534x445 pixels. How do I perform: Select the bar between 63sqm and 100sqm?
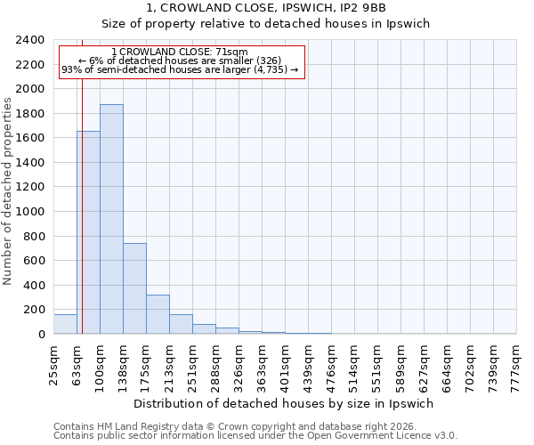tap(88, 232)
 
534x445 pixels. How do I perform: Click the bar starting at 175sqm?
tap(158, 314)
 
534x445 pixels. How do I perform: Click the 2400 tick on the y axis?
tap(30, 40)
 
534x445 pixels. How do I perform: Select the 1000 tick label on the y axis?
tap(30, 212)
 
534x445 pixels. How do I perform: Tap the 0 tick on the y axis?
tap(41, 335)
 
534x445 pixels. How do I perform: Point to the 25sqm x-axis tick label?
tap(54, 363)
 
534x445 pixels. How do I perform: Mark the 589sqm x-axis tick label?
tap(401, 363)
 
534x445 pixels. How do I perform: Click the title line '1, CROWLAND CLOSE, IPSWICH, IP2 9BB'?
tap(266, 8)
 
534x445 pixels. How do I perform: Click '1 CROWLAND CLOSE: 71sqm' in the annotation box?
tap(181, 53)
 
